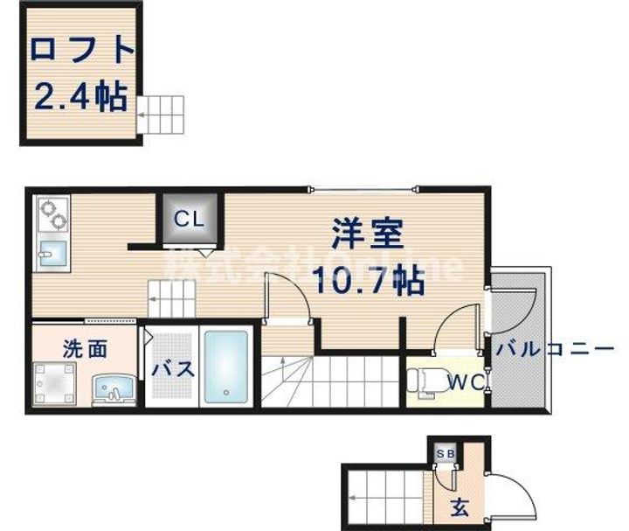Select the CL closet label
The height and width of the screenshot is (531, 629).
click(188, 220)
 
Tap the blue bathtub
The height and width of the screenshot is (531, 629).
click(226, 365)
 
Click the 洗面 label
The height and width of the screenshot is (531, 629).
click(85, 348)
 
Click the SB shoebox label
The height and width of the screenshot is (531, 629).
click(446, 453)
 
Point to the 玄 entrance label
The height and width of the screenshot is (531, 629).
click(458, 505)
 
